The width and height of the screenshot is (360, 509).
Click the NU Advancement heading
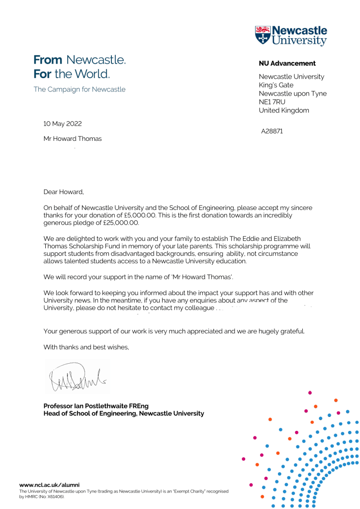point(287,63)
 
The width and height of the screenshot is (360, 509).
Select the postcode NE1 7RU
point(272,102)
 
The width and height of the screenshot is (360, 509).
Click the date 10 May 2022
point(63,124)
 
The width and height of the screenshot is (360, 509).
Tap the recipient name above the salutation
point(73,139)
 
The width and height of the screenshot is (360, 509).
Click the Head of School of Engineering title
point(123,413)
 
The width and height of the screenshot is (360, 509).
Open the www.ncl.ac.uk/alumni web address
point(49,485)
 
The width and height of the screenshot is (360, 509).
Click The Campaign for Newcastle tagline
point(80,90)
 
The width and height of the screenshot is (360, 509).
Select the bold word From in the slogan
point(48,60)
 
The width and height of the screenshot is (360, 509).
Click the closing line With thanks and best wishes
point(86,347)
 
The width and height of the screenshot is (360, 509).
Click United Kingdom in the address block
point(284,110)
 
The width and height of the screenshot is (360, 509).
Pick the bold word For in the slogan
point(42,75)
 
